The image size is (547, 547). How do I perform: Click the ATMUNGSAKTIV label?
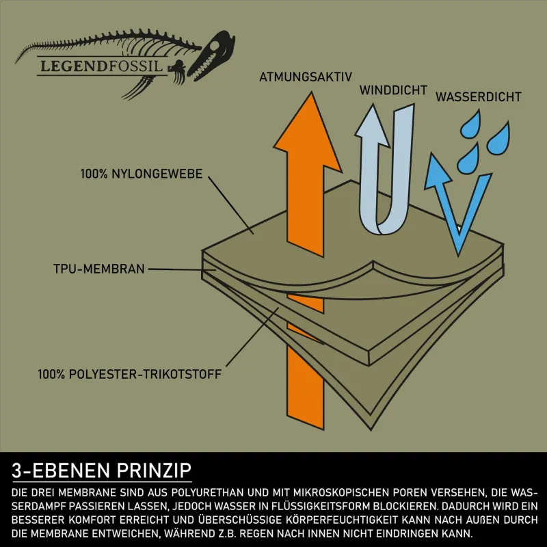point(306,77)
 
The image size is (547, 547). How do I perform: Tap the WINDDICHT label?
point(394,90)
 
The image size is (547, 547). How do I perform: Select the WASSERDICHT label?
point(478,96)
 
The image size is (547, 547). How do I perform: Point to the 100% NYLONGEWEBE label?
point(142,174)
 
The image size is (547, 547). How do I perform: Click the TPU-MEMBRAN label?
point(98,269)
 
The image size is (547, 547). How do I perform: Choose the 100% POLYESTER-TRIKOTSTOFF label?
point(129,374)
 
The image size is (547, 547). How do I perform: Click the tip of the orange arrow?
point(311,92)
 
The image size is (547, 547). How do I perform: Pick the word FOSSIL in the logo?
point(135,66)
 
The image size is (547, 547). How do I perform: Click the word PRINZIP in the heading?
point(154,470)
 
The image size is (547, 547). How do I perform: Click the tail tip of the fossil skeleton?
point(16,62)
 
